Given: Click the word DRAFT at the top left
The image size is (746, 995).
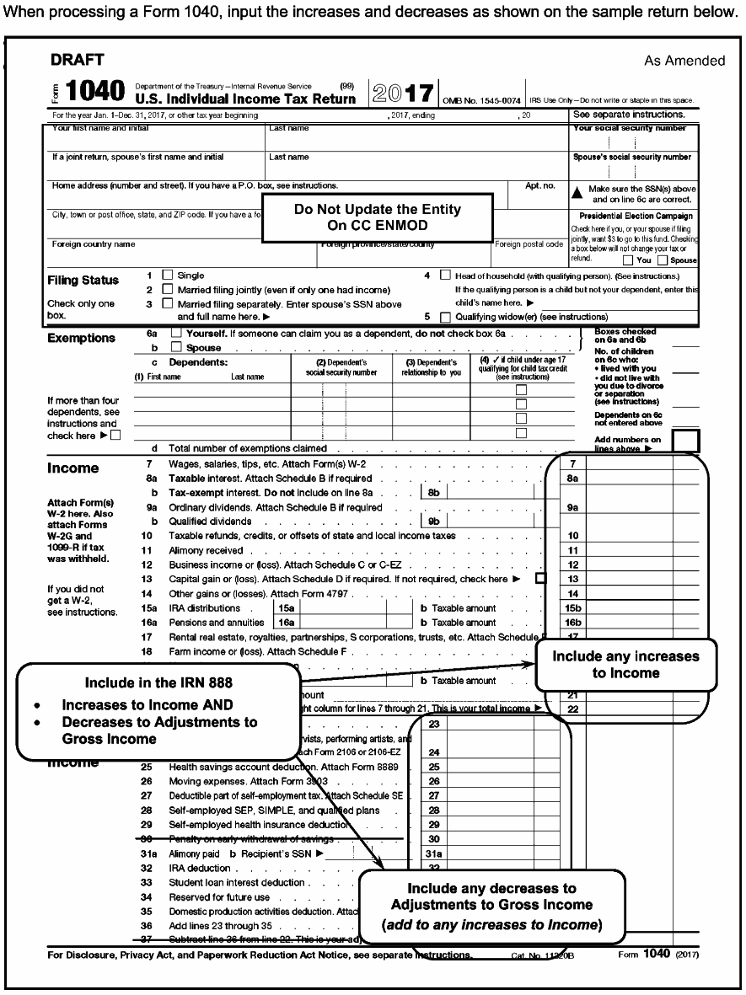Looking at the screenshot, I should [x=78, y=60].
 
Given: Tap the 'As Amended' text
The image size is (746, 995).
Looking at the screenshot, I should [x=684, y=61].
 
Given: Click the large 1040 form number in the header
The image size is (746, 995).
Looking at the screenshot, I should [x=95, y=91].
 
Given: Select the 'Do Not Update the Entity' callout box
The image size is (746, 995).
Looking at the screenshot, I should [x=378, y=217].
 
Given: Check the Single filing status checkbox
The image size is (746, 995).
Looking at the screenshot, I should [x=166, y=275].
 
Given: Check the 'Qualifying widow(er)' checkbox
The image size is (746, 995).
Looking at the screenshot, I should [x=446, y=317].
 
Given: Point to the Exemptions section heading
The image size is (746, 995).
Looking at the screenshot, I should [x=81, y=339].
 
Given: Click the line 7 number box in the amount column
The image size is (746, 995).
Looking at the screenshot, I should [x=572, y=465].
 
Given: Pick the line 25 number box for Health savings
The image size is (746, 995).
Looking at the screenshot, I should [x=433, y=767].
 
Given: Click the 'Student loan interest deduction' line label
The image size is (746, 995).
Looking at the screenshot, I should [x=237, y=882].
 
